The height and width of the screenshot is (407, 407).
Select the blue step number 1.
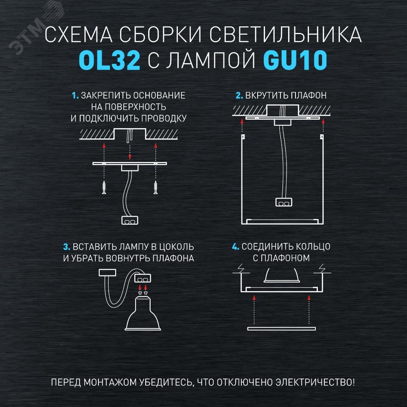coord(75,96)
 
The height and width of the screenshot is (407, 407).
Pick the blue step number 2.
coord(239,96)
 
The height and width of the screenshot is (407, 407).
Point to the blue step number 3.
coord(66,247)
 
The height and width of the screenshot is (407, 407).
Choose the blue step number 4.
coord(235,247)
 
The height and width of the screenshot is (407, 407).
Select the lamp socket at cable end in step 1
coord(130,221)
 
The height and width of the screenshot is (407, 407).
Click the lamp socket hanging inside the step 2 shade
coord(283,201)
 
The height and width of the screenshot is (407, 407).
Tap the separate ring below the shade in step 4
coord(282,328)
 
